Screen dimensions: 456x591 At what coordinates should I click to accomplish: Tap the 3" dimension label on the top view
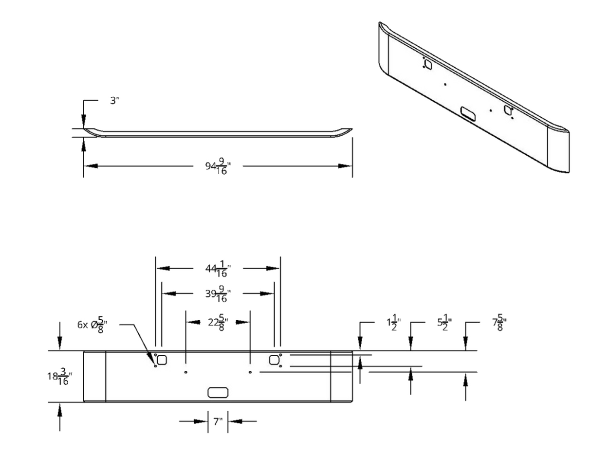click(113, 101)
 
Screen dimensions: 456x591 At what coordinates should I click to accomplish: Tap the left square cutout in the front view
click(162, 360)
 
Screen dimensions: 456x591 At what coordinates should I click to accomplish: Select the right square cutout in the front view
click(275, 360)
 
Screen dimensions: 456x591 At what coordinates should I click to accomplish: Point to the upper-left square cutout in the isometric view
click(428, 64)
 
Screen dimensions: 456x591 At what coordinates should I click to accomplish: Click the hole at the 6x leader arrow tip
click(155, 366)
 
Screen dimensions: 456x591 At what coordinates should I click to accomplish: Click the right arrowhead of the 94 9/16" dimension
click(347, 166)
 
